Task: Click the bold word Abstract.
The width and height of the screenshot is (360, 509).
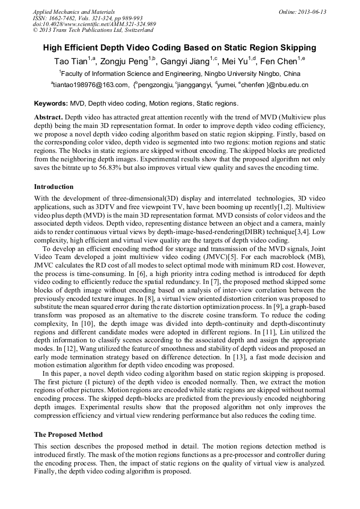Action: (x=49, y=117)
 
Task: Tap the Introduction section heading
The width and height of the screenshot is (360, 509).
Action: (x=54, y=187)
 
